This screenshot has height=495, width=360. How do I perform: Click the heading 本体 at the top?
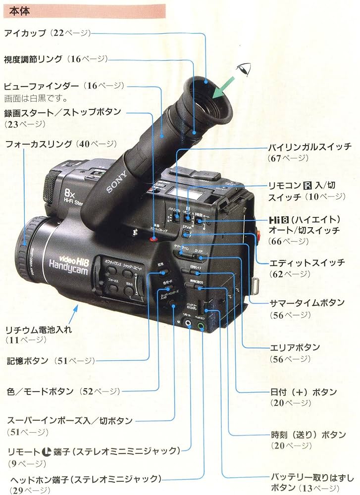19,10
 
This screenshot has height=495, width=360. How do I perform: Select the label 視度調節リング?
33,59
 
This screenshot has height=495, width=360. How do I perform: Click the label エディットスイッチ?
307,263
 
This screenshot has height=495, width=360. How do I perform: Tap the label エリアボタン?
295,347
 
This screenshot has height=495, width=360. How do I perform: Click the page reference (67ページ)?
288,158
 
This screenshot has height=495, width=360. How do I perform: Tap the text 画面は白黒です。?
35,98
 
